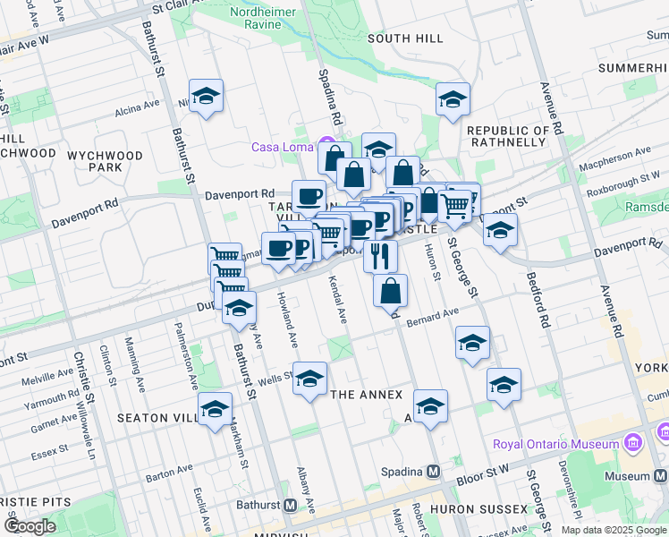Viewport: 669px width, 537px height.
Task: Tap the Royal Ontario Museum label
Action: click(x=555, y=444)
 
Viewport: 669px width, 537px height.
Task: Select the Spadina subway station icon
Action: click(x=434, y=471)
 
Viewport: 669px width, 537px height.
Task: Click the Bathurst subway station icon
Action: click(x=290, y=505)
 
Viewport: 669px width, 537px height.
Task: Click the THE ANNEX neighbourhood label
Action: click(x=367, y=395)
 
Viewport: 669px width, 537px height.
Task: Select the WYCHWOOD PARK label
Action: click(x=106, y=161)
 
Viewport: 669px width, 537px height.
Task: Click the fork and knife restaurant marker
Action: click(x=380, y=255)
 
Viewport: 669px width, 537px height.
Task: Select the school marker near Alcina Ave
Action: click(x=206, y=96)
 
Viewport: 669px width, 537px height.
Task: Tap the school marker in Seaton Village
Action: click(x=215, y=409)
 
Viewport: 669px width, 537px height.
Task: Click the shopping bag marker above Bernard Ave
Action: click(x=390, y=290)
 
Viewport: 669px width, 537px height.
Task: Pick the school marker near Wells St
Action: click(x=310, y=379)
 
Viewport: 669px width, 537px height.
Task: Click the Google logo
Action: click(x=30, y=526)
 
